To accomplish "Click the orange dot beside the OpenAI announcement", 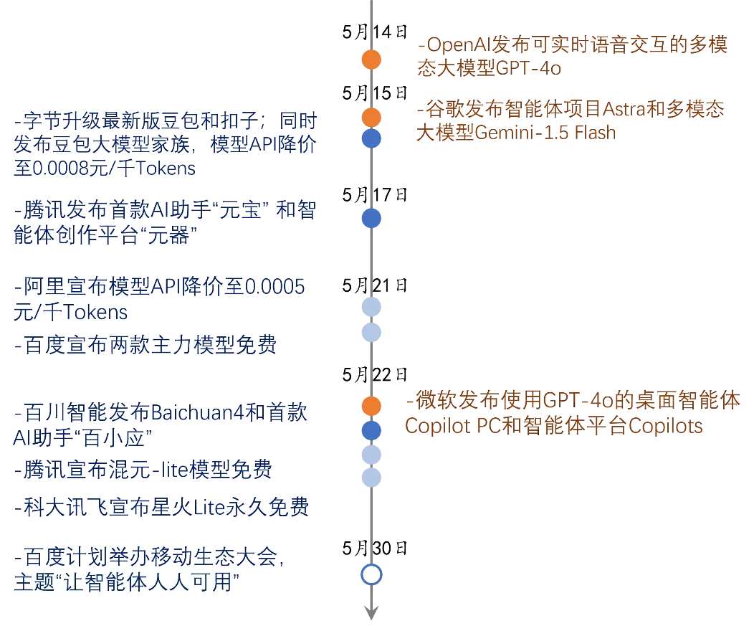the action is click(x=371, y=60).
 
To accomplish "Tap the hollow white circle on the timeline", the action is click(x=371, y=574).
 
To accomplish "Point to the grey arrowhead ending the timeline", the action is click(x=371, y=611).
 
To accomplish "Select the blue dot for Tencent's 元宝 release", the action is click(x=371, y=218).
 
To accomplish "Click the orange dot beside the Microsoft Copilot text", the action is click(x=371, y=406).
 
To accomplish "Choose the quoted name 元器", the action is click(x=173, y=235).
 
